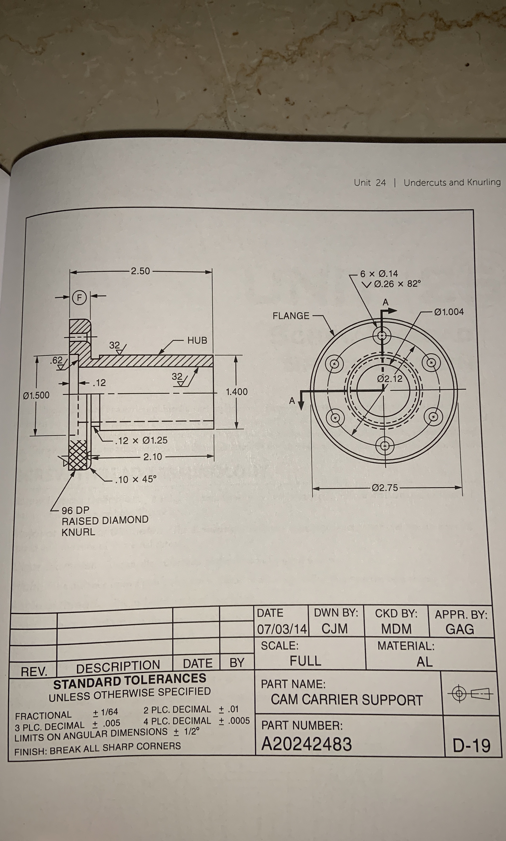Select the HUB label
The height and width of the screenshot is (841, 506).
tap(197, 340)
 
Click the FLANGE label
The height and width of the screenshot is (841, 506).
tap(291, 316)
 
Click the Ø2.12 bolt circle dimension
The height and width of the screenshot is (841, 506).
tap(390, 379)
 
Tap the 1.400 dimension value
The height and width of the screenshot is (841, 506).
tap(237, 392)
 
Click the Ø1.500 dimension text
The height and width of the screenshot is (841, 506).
tap(36, 395)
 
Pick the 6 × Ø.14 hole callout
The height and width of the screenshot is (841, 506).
tap(379, 274)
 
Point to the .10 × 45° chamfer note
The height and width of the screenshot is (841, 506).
tap(136, 479)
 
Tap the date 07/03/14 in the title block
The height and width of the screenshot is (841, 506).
tap(282, 629)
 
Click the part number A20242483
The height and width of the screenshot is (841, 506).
tap(306, 744)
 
